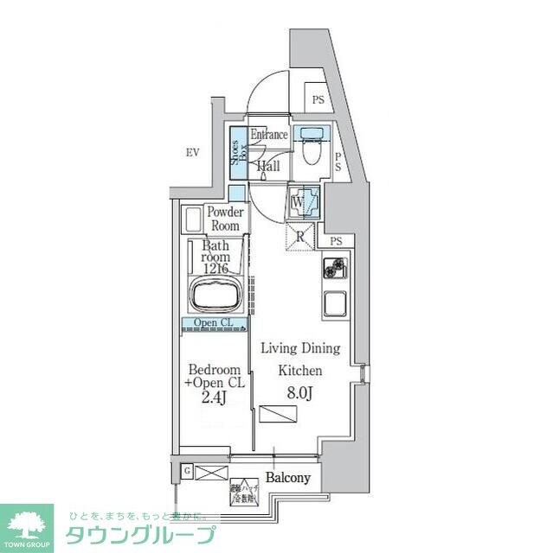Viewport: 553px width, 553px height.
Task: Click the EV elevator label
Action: point(192,153)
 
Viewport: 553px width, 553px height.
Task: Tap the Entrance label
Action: point(269,135)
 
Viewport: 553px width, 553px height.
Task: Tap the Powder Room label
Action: point(224,219)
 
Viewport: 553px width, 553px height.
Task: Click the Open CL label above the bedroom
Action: point(213,324)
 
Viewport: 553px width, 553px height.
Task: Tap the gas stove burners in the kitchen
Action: point(334,269)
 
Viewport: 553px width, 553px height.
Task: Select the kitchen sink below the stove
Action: point(334,303)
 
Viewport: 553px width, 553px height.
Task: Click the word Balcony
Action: point(287,478)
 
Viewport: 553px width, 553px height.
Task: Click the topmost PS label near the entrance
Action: point(318,100)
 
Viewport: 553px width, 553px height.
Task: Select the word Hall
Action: point(268,165)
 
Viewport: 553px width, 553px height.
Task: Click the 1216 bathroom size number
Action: point(215,270)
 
